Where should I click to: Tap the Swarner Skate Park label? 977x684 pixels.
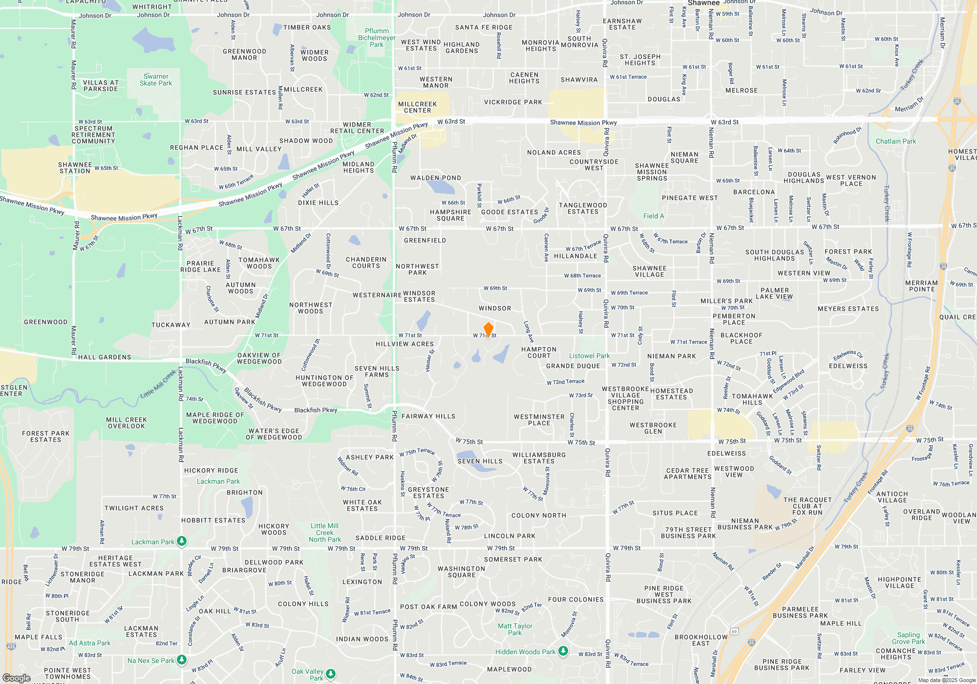(x=156, y=80)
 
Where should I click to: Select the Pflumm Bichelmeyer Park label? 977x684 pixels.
(x=377, y=38)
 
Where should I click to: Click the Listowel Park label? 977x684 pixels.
(x=589, y=356)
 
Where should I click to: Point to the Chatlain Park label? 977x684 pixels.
(x=895, y=142)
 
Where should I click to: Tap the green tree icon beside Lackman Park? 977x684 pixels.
(x=182, y=541)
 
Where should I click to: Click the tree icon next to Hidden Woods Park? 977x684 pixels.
(x=563, y=651)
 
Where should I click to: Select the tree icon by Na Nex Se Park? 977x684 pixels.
(x=182, y=660)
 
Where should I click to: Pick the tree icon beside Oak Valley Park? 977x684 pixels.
(x=331, y=674)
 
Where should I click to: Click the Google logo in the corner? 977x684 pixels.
(x=16, y=678)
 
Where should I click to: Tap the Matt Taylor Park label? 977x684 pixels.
(x=515, y=629)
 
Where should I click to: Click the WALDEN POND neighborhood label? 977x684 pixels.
(x=435, y=178)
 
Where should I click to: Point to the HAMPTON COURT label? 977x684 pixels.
(x=539, y=352)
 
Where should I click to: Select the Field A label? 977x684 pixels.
(x=653, y=216)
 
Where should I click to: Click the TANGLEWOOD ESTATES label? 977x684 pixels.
(x=583, y=209)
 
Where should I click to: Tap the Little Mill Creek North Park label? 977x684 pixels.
(x=325, y=533)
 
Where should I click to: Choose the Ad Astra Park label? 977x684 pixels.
(x=89, y=643)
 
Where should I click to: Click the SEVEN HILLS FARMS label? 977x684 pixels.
(x=377, y=371)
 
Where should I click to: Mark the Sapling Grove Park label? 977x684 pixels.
(x=908, y=638)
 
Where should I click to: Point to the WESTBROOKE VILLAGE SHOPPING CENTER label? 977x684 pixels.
(x=625, y=398)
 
